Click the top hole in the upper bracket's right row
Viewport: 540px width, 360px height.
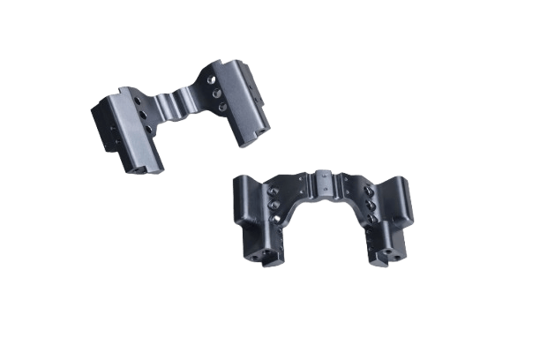pyautogui.click(x=215, y=79)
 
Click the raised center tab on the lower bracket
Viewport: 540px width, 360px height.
pyautogui.click(x=323, y=181)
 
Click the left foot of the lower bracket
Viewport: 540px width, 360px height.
pyautogui.click(x=266, y=256)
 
